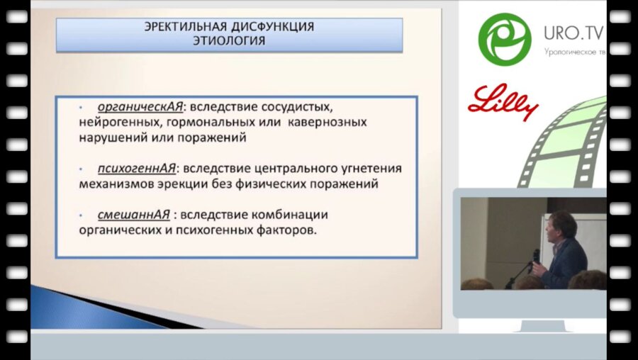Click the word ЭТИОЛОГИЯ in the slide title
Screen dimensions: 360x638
tap(229, 41)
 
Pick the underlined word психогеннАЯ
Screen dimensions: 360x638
tap(137, 169)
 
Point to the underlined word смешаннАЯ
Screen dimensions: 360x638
tap(131, 215)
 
